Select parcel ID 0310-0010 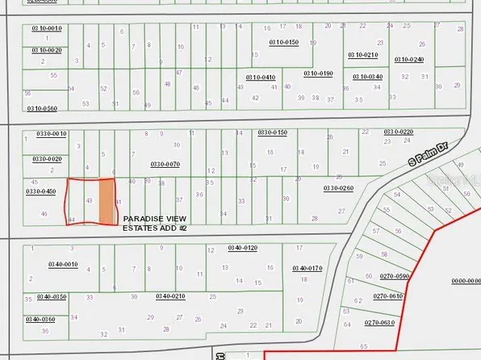tap(46, 28)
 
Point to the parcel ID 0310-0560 tap(42, 108)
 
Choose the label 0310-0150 tap(282, 42)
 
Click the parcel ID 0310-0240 tap(409, 59)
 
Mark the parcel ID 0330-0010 tap(52, 134)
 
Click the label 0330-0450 tap(40, 191)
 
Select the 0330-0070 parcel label tap(165, 164)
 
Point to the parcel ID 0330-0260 tap(338, 188)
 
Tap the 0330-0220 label tap(398, 132)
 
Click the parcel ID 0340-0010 tap(62, 264)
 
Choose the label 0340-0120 tap(242, 247)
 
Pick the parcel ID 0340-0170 tap(307, 268)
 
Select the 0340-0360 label tap(40, 320)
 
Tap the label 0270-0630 tap(379, 323)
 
